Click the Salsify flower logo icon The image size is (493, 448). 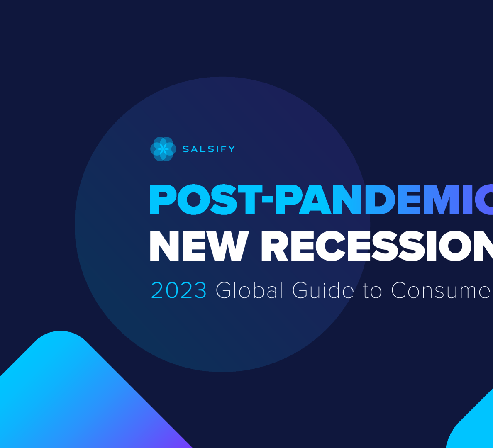click(x=163, y=149)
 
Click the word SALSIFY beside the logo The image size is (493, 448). click(x=209, y=149)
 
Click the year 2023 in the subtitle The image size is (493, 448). click(x=179, y=290)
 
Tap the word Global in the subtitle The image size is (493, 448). click(x=249, y=290)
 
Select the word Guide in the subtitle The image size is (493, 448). click(x=323, y=290)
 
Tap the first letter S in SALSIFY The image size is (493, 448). click(x=186, y=149)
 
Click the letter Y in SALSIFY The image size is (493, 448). click(x=231, y=149)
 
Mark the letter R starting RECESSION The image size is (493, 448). click(x=275, y=246)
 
